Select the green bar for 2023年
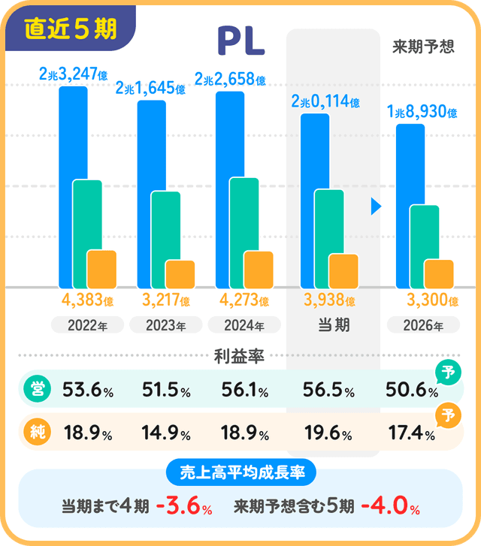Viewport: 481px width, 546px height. pos(165,225)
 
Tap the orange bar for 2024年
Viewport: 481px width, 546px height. pos(259,270)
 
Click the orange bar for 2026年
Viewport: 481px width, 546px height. pos(439,273)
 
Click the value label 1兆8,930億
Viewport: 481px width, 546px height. pos(422,113)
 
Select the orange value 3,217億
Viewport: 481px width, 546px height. pos(167,301)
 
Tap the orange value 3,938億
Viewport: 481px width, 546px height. pos(329,301)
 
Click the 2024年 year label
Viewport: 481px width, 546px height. pos(244,325)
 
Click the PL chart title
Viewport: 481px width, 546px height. pos(240,41)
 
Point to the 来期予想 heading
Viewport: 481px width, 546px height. pos(423,47)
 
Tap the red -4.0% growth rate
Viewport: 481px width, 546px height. pos(389,506)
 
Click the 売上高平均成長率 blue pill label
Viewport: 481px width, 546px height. pos(240,472)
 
